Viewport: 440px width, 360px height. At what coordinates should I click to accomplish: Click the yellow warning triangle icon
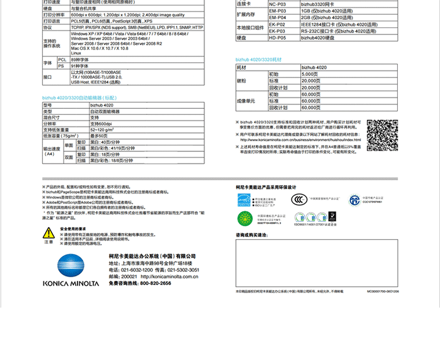coord(49,233)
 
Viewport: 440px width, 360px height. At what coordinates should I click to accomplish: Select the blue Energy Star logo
coord(243,200)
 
